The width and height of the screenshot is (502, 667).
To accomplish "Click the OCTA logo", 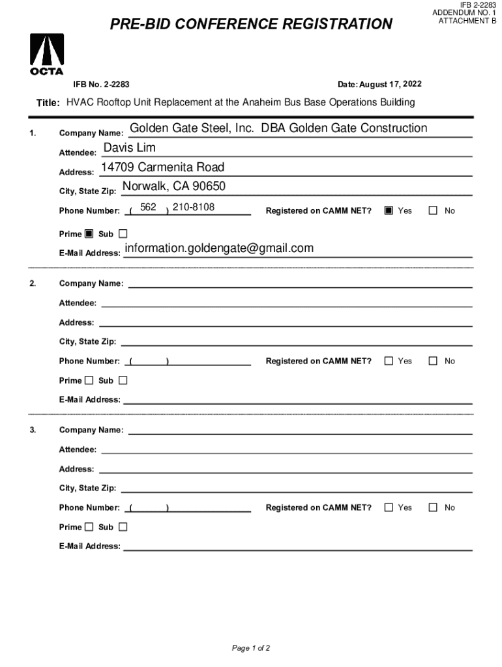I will point(47,54).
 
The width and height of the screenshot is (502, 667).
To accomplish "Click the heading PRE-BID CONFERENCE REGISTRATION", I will point(251,25).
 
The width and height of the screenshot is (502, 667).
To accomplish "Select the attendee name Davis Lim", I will point(130,149).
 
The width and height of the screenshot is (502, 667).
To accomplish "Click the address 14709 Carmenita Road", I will point(162,168).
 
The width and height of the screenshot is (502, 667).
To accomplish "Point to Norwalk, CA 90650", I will point(173,187).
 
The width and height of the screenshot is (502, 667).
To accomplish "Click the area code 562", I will point(149,207).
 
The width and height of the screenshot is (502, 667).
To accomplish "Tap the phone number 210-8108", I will point(194,207).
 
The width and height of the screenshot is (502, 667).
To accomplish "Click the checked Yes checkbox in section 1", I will point(389,210).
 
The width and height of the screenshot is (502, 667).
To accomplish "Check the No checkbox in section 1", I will point(434,210).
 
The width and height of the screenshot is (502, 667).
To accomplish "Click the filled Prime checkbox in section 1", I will point(89,234).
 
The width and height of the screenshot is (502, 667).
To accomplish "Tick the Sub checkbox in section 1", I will point(123,234).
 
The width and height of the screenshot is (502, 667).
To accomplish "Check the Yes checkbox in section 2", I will point(389,361).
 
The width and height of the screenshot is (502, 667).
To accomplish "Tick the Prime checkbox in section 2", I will point(89,380).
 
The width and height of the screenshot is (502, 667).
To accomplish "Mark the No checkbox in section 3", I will point(434,507).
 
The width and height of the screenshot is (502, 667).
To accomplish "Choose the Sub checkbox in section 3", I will point(123,527).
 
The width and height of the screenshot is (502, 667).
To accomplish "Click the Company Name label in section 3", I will point(91,430).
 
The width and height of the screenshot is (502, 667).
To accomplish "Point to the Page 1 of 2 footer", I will point(251,648).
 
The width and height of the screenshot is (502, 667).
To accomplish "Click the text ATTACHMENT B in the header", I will point(467,21).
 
